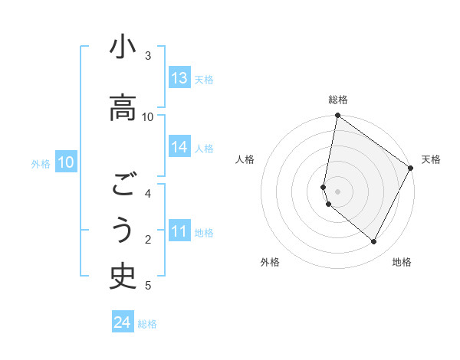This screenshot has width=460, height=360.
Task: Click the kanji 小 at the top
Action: click(x=123, y=48)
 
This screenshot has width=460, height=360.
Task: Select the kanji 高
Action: click(x=123, y=107)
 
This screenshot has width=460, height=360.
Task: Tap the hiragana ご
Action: click(x=123, y=185)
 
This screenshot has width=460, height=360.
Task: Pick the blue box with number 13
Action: click(x=179, y=78)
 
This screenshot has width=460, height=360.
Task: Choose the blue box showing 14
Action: click(x=179, y=148)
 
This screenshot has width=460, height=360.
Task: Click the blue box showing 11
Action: click(x=179, y=232)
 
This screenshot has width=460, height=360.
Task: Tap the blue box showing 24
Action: click(x=123, y=322)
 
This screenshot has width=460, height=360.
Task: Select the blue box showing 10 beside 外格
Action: click(x=65, y=162)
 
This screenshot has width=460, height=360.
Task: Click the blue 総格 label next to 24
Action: click(x=147, y=324)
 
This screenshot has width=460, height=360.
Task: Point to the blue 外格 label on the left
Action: click(x=40, y=163)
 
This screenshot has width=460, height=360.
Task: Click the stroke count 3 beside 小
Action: click(x=148, y=56)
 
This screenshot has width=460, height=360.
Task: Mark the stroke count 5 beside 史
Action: click(x=148, y=286)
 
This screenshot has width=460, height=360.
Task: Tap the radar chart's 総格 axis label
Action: click(x=338, y=100)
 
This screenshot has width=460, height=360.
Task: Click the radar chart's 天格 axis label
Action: click(x=431, y=159)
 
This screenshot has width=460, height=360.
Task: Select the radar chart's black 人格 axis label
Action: click(x=245, y=159)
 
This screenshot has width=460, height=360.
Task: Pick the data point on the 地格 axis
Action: click(x=374, y=242)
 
